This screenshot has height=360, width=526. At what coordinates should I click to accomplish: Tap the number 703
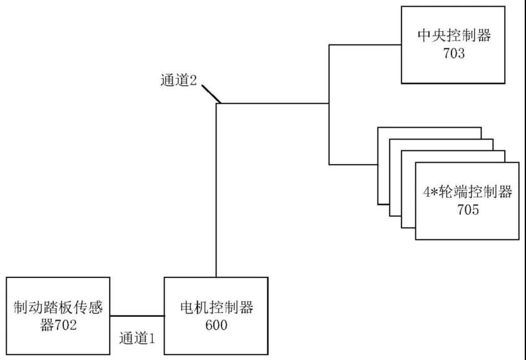pyautogui.click(x=454, y=53)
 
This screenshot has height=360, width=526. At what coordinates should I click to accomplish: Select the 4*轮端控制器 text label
pyautogui.click(x=468, y=191)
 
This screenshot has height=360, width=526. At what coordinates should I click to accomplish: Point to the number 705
pyautogui.click(x=468, y=210)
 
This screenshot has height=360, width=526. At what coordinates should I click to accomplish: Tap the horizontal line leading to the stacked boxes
pyautogui.click(x=353, y=165)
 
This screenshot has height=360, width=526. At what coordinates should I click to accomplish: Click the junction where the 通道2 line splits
pyautogui.click(x=329, y=104)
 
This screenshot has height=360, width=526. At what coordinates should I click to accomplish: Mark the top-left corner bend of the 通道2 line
pyautogui.click(x=216, y=104)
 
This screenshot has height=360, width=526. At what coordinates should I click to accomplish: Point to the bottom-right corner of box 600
pyautogui.click(x=270, y=354)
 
